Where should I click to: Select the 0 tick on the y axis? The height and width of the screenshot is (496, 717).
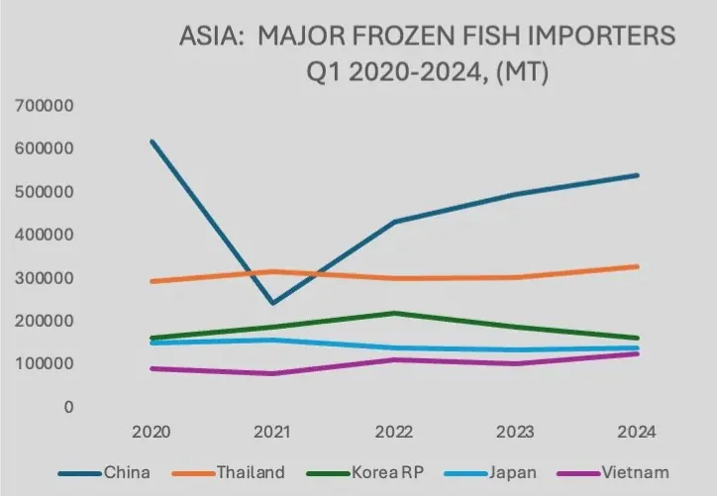click(x=68, y=407)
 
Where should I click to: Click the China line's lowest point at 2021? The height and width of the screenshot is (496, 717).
click(x=271, y=303)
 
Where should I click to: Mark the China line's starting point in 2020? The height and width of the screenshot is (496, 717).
click(x=151, y=141)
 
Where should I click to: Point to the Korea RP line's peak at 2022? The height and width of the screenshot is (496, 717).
click(x=394, y=313)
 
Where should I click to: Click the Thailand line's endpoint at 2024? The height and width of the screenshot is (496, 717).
click(x=638, y=266)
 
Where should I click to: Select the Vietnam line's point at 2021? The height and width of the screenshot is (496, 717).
click(x=271, y=373)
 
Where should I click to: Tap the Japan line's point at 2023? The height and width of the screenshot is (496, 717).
click(x=516, y=349)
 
